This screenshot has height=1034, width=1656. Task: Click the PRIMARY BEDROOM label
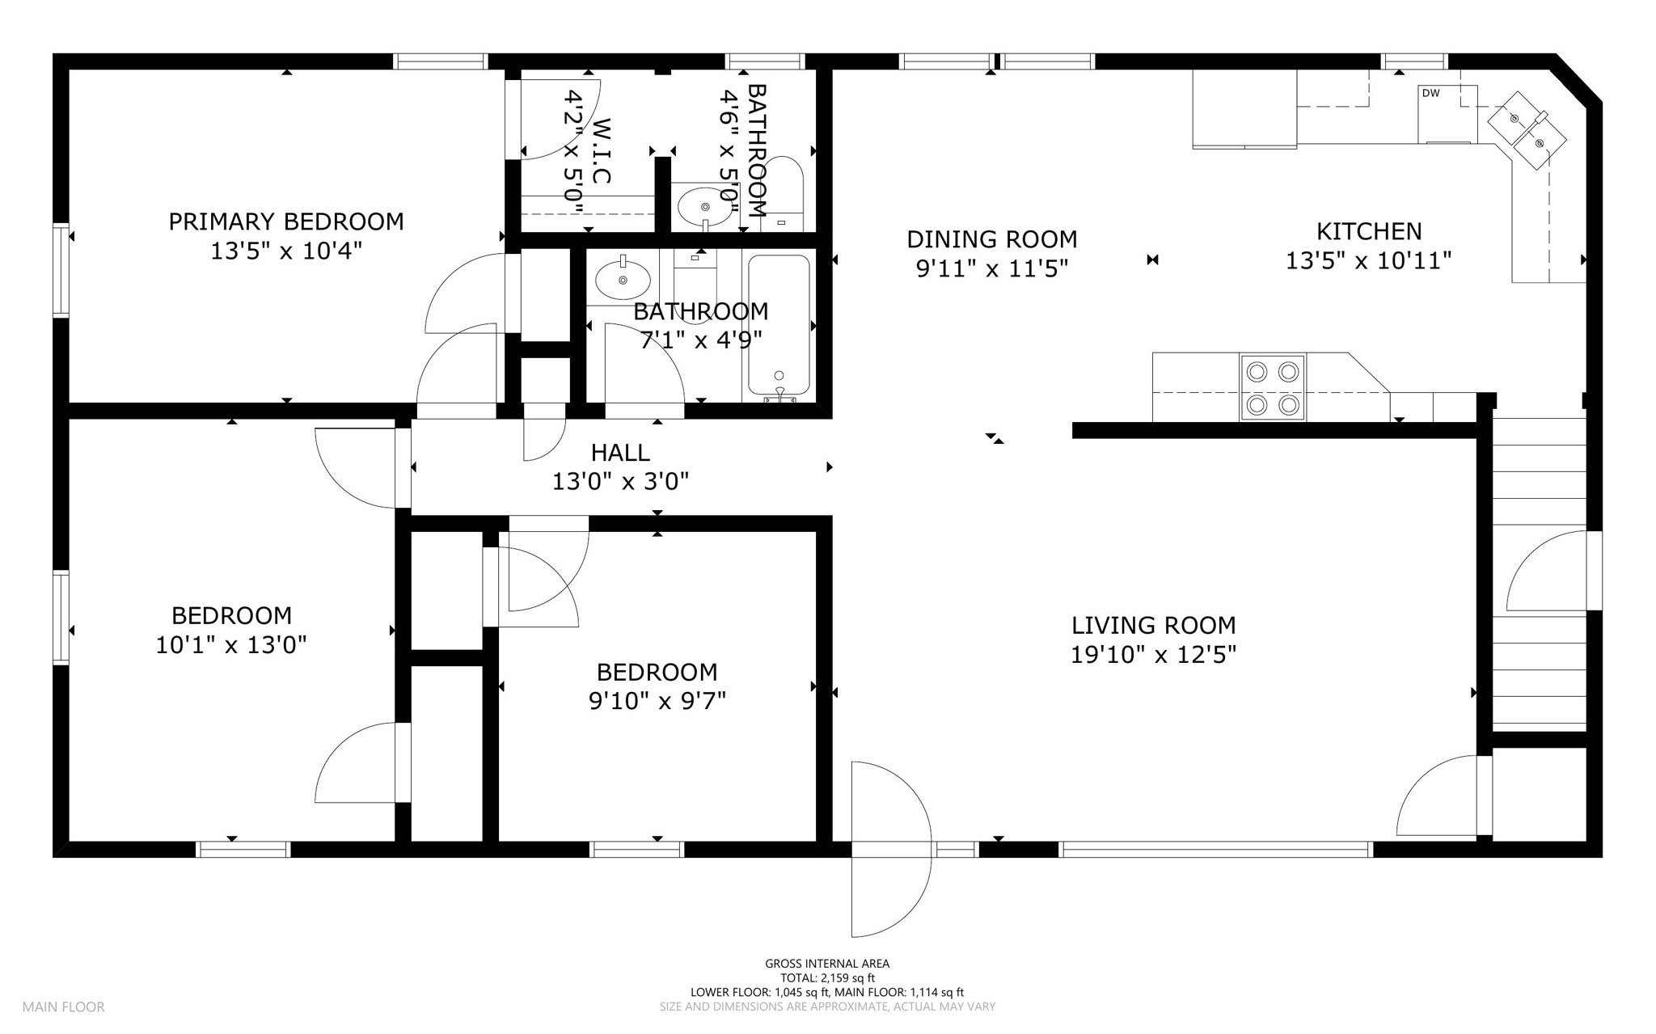[285, 222]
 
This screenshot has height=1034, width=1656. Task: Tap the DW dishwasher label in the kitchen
[1430, 93]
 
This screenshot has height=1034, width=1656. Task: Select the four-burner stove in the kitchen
[1272, 387]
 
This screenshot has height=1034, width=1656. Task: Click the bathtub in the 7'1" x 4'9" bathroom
[779, 325]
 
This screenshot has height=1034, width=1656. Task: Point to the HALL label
[620, 453]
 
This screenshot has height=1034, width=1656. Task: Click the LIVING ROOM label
[1153, 625]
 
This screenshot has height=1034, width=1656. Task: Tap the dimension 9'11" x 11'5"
[992, 268]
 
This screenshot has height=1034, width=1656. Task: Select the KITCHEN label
[1369, 231]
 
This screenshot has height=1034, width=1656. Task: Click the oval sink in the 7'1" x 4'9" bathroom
[623, 280]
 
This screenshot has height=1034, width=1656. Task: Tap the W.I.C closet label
[601, 150]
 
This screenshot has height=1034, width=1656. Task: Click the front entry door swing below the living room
[891, 849]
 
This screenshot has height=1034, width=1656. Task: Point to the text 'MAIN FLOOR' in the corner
[63, 1007]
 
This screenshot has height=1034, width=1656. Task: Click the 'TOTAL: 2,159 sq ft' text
[827, 978]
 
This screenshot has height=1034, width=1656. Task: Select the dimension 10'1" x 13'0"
[231, 645]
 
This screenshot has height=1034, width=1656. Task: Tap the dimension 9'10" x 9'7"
[657, 701]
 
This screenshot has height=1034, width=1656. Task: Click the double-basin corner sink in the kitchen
[1527, 131]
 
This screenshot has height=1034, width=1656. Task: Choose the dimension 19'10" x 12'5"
[1153, 654]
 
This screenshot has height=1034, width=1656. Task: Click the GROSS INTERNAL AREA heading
[827, 964]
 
